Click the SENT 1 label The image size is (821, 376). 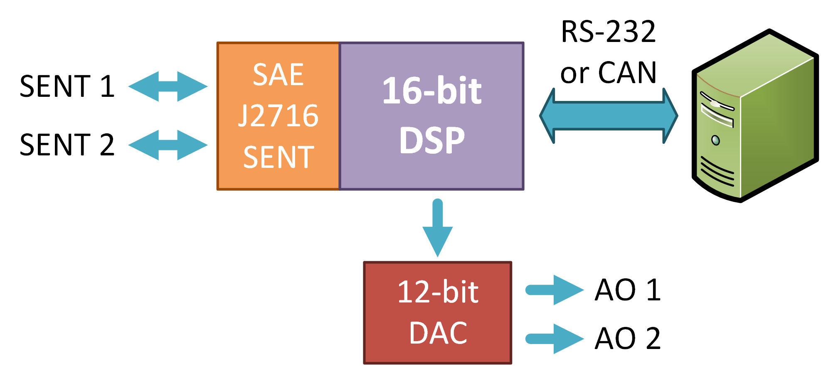click(67, 86)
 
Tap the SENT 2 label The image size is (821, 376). click(67, 145)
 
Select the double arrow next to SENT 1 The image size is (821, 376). click(168, 86)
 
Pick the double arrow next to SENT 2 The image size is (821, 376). click(168, 145)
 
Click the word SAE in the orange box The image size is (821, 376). click(278, 75)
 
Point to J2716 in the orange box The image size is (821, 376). click(278, 116)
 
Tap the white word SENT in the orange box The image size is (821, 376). click(278, 157)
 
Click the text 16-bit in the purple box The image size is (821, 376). click(431, 91)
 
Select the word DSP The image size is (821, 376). click(431, 140)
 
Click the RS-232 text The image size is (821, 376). click(608, 32)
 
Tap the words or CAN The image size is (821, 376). click(608, 73)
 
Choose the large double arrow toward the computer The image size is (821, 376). click(609, 116)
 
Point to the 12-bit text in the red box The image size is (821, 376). click(438, 292)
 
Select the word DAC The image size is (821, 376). click(438, 333)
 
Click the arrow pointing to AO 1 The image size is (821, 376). click(555, 290)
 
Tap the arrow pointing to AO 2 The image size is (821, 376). click(555, 339)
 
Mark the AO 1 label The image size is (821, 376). click(627, 290)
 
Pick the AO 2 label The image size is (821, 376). click(627, 338)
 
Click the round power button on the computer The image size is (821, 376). click(715, 140)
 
